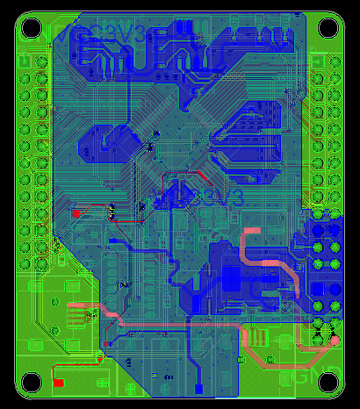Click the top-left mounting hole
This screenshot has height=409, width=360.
[x=31, y=27]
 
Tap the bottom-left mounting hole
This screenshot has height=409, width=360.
[x=31, y=382]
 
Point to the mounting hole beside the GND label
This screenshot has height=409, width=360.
[x=328, y=382]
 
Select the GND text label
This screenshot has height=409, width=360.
[x=304, y=376]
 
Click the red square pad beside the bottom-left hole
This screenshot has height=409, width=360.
[x=58, y=382]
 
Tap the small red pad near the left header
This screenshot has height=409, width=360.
[x=76, y=213]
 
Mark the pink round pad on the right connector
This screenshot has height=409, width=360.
[x=335, y=340]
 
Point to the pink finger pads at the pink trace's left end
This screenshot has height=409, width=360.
[x=78, y=312]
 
